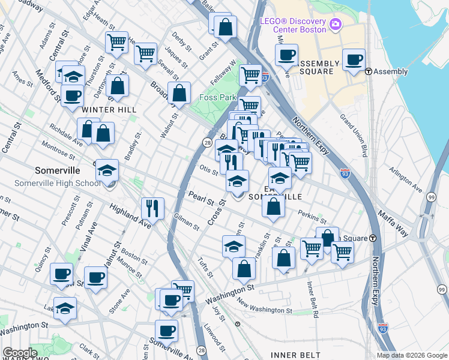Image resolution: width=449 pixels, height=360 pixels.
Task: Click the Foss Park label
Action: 218,97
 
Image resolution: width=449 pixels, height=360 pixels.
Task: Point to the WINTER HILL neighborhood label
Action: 110,110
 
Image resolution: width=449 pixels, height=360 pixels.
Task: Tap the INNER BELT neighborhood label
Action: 293,355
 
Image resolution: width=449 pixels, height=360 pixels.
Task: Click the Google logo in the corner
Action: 20,353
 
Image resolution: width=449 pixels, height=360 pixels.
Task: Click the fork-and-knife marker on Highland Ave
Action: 152,208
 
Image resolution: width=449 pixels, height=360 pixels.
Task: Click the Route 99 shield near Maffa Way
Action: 432,197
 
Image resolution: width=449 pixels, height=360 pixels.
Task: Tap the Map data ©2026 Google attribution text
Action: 412,355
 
